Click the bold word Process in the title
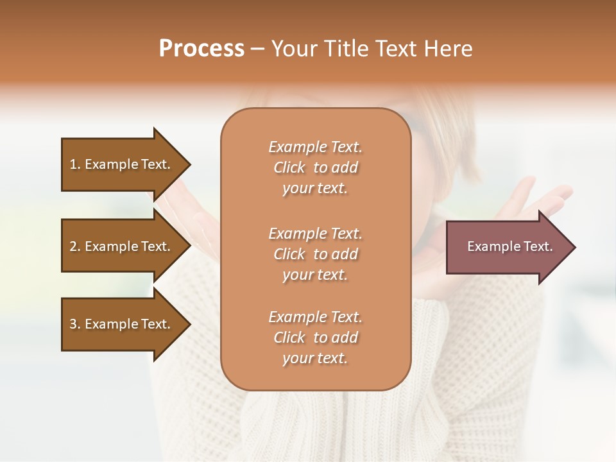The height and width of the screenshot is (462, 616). click(201, 49)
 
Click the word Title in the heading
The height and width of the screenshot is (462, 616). click(347, 49)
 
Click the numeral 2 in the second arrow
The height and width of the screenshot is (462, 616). click(74, 246)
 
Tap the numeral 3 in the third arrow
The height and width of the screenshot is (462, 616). click(74, 324)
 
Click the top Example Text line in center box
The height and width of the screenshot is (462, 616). click(315, 147)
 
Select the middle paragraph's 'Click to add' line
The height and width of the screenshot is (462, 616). click(315, 254)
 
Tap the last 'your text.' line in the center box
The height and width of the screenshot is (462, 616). click(315, 359)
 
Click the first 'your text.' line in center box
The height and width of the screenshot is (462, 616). click(315, 189)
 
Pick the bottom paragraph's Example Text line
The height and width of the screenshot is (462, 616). click(315, 317)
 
